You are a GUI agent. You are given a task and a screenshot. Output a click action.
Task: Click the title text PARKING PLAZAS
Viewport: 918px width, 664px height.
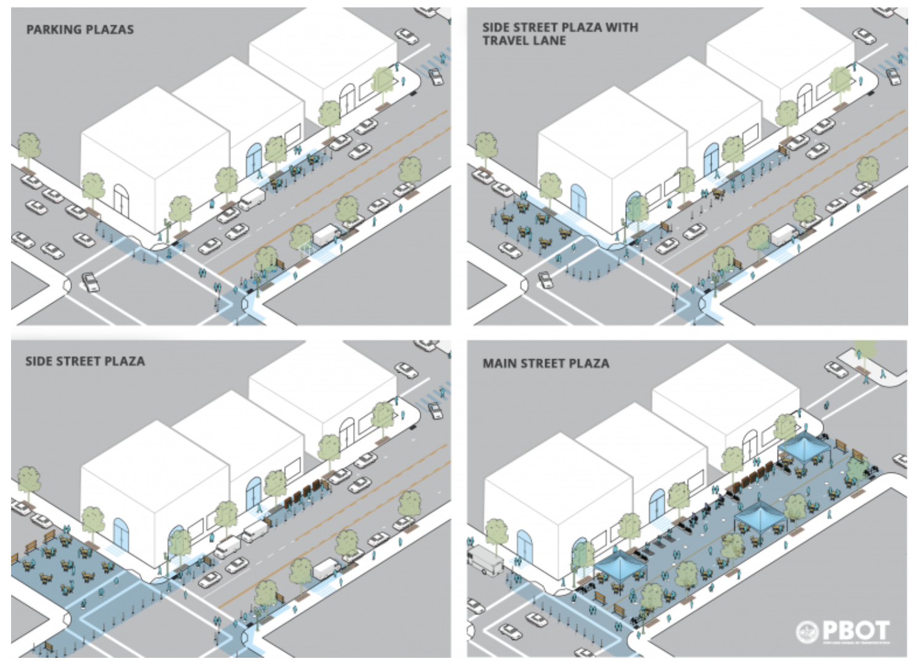(79, 29)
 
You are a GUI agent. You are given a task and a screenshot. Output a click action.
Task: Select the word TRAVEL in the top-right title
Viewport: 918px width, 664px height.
(503, 41)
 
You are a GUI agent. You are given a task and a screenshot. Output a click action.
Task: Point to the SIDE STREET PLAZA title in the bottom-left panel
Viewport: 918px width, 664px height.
(85, 361)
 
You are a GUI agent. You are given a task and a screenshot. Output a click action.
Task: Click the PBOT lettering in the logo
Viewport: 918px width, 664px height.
(856, 630)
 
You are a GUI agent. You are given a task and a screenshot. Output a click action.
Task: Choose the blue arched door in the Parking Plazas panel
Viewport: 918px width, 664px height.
(254, 159)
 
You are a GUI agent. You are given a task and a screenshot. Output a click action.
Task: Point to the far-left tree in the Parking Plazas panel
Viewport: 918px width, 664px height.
(28, 147)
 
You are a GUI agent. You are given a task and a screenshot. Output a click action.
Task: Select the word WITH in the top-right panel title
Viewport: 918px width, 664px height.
(621, 28)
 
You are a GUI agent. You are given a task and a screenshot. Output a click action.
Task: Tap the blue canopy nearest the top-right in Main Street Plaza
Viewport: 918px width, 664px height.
(803, 445)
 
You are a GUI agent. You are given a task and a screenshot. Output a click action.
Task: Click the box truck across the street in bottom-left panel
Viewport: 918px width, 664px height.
(325, 568)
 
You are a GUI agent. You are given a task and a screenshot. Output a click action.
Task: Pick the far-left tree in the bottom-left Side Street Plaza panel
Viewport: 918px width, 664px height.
(28, 479)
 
